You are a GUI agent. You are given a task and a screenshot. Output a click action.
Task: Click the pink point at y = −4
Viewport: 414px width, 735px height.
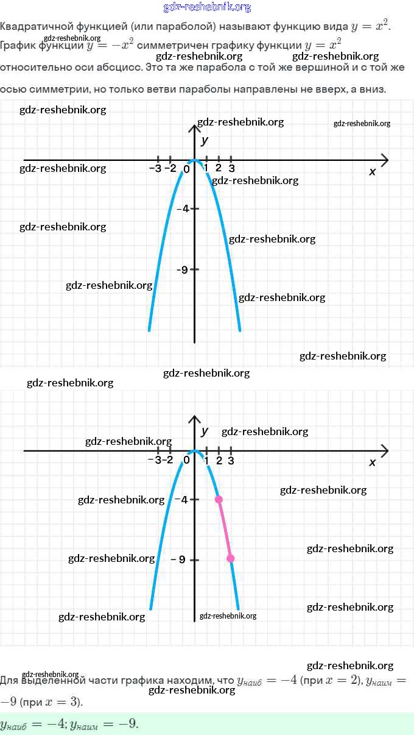219,499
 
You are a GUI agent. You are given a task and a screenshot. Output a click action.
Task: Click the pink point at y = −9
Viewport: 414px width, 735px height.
231,558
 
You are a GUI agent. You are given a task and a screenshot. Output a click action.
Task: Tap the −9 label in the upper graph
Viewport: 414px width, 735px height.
181,269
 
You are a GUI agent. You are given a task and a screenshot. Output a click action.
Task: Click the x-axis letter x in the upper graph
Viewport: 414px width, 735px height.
373,172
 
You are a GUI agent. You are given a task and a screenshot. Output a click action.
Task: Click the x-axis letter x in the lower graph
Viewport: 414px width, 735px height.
373,462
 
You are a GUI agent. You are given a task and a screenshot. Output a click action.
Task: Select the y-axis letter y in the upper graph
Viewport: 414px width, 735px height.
205,140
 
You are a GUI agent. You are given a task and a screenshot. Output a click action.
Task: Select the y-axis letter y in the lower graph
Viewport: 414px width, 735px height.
205,431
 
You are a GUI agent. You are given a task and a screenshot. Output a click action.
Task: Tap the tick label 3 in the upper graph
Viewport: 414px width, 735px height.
231,168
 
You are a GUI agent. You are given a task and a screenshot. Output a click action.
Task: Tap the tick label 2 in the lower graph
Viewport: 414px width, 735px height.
219,460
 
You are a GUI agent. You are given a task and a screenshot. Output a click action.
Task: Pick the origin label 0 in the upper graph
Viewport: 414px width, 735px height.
187,169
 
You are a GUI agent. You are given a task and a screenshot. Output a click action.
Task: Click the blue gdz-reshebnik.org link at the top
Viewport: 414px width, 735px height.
207,7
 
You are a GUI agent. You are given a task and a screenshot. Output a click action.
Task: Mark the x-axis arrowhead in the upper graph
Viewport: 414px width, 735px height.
385,160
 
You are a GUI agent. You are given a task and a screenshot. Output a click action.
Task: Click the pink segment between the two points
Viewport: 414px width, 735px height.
225,529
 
